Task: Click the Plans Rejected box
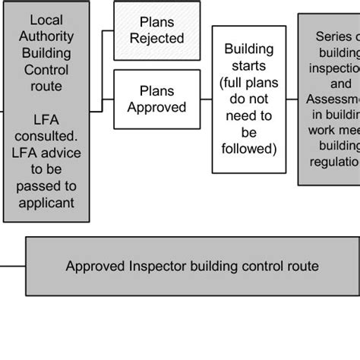(x=156, y=30)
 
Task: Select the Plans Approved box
(x=156, y=99)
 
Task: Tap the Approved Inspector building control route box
(x=191, y=266)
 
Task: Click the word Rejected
(x=156, y=39)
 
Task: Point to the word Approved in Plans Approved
(x=156, y=107)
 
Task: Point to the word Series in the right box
(x=335, y=36)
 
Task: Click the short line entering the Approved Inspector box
(x=13, y=266)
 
